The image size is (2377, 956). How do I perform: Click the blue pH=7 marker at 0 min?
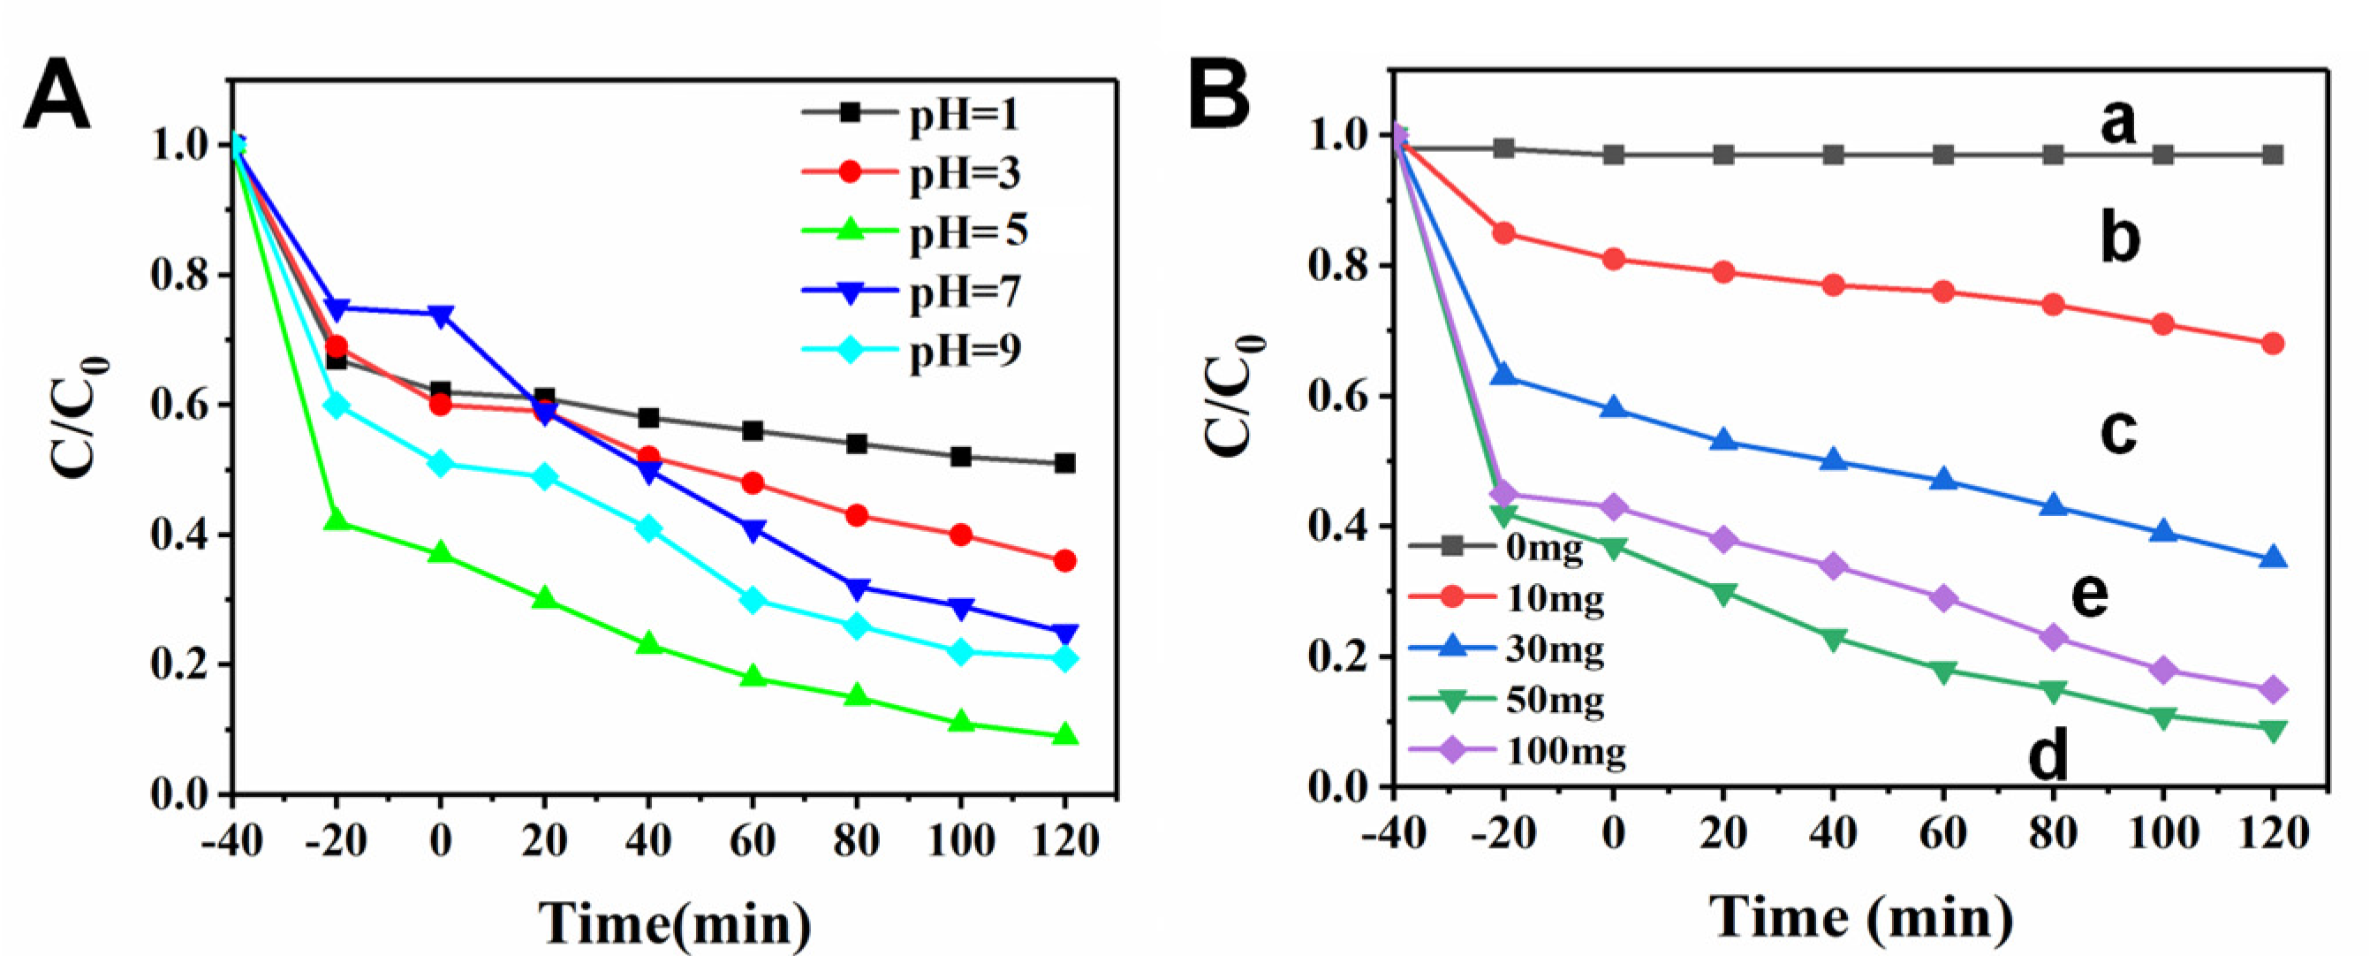(x=440, y=315)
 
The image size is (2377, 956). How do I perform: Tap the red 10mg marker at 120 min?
(x=2273, y=345)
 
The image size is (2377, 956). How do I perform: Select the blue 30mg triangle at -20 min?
(x=1503, y=375)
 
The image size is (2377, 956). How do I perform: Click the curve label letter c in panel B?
(x=2118, y=431)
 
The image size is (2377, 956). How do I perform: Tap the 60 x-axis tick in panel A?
(x=752, y=840)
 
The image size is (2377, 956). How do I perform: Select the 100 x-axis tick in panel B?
(x=2162, y=834)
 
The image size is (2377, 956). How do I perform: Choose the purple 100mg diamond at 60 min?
(x=1943, y=599)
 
